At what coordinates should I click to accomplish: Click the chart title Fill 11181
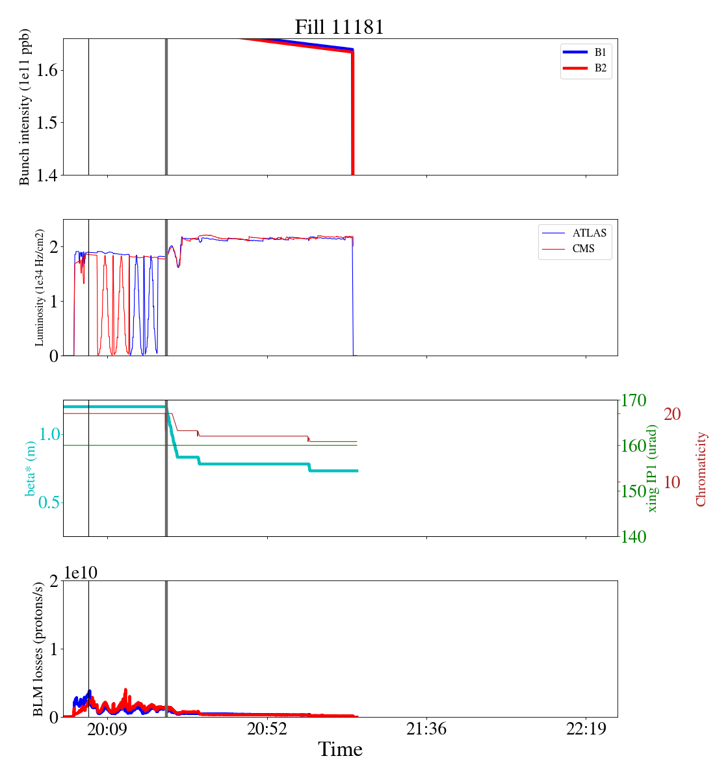tap(339, 27)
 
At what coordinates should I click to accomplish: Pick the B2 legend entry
tap(600, 68)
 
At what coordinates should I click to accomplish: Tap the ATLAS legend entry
tap(589, 233)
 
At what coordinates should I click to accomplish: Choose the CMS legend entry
tap(583, 249)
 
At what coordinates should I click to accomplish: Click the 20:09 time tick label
tap(107, 729)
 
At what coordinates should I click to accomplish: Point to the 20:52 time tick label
tap(267, 729)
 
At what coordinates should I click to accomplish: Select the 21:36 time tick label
tap(426, 729)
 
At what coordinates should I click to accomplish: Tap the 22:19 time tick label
tap(586, 729)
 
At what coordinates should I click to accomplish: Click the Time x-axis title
tap(340, 750)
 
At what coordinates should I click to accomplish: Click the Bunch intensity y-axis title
tap(25, 107)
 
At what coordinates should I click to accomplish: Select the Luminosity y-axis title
tap(40, 287)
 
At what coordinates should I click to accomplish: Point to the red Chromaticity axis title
tap(701, 469)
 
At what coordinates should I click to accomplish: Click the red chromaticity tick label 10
tap(672, 482)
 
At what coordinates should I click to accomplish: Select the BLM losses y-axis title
tap(38, 649)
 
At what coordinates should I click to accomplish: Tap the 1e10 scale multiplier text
tap(80, 573)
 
